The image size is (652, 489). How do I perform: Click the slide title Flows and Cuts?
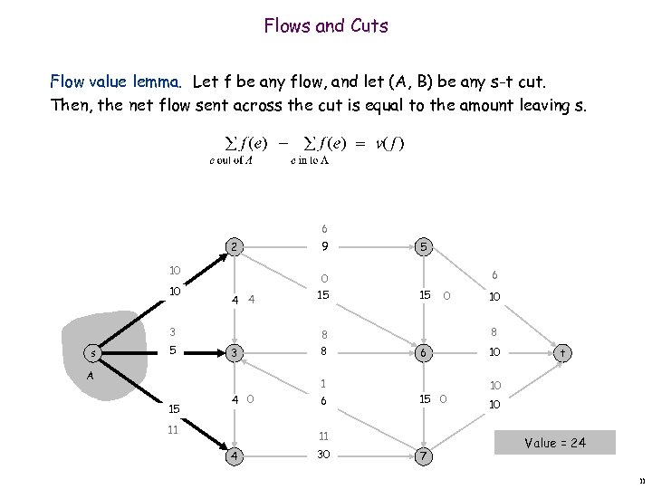tap(326, 26)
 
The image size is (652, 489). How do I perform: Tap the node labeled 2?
tap(233, 246)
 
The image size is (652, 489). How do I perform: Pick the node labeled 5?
tap(423, 246)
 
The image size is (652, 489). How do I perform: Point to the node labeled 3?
tap(233, 351)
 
